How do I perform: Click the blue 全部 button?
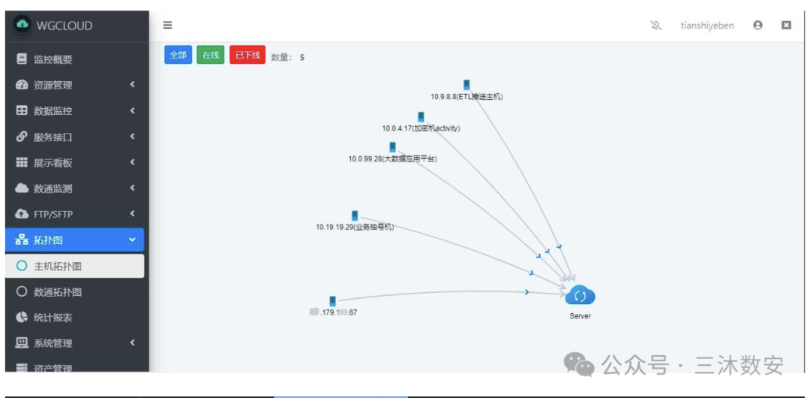pos(178,55)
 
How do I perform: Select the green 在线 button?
pos(211,55)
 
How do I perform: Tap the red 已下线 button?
pos(247,55)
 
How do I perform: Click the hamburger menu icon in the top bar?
pos(167,26)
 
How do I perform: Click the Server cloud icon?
pos(580,295)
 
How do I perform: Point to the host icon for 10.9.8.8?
pos(466,85)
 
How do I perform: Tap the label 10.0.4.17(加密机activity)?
pos(421,128)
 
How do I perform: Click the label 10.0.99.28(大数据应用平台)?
pos(392,159)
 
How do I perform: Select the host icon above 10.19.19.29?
pos(355,216)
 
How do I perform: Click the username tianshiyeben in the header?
pos(707,26)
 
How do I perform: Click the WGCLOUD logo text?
pos(64,26)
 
